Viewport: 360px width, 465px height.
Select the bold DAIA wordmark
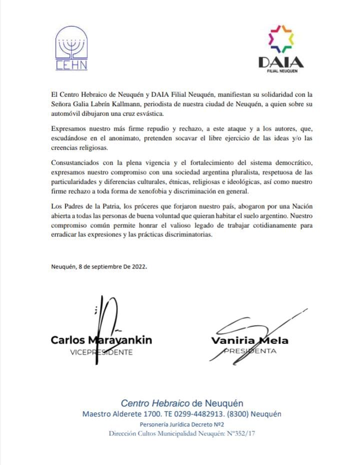(281, 62)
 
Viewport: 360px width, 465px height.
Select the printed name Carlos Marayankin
(101, 340)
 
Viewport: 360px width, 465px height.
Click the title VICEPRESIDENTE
(101, 352)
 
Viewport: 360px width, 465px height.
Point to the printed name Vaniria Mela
(250, 341)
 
